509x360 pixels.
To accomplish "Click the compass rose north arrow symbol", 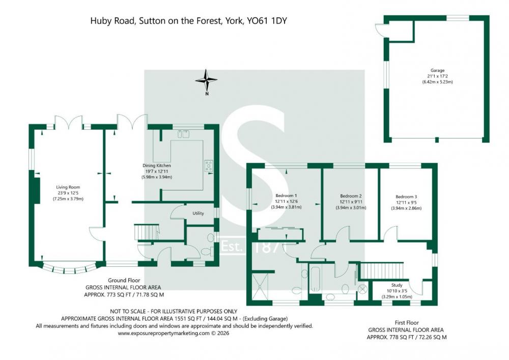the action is pyautogui.click(x=206, y=80).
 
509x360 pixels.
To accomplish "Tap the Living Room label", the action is pyautogui.click(x=68, y=187).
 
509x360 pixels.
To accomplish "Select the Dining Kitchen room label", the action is pyautogui.click(x=156, y=165).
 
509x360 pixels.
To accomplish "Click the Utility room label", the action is pyautogui.click(x=198, y=213).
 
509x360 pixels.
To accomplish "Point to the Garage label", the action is pyautogui.click(x=437, y=70).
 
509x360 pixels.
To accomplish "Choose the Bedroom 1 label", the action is pyautogui.click(x=286, y=196).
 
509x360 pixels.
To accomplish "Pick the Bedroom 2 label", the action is pyautogui.click(x=351, y=196).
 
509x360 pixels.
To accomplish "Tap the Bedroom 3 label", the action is pyautogui.click(x=406, y=197).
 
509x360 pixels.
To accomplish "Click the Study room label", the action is pyautogui.click(x=397, y=285).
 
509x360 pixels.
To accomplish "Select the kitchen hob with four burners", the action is pyautogui.click(x=208, y=165).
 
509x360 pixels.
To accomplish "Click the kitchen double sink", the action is pyautogui.click(x=183, y=134).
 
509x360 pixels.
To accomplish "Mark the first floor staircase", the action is pyautogui.click(x=382, y=270).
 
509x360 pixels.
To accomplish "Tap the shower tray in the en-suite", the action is pyautogui.click(x=260, y=286).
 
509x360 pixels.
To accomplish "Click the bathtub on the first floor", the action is pyautogui.click(x=315, y=278).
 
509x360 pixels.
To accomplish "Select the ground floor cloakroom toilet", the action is pyautogui.click(x=207, y=252).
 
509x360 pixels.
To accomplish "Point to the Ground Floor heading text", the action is pyautogui.click(x=124, y=280).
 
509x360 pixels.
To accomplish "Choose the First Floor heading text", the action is pyautogui.click(x=406, y=323).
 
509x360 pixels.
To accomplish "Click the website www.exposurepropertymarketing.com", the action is pyautogui.click(x=163, y=333).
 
